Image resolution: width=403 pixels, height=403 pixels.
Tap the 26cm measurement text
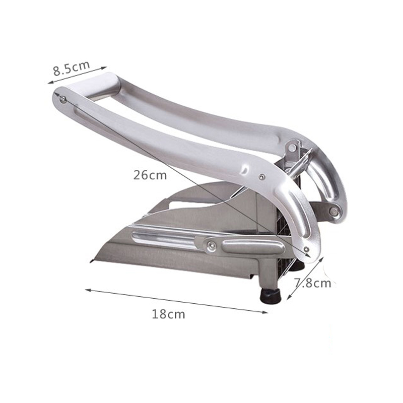point(150,176)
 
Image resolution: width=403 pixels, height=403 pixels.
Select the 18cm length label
point(168,314)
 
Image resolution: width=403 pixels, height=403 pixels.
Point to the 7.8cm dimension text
point(312,283)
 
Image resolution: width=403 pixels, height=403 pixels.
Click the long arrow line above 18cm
point(176,301)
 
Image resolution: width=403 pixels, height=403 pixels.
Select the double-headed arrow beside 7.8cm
point(304,277)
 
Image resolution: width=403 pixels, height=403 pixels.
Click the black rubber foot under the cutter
point(272,294)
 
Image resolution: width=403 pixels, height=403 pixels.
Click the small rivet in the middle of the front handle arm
point(262,176)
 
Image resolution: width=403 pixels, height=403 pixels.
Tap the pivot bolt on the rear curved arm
point(333,212)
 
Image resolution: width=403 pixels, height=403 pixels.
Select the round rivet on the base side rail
point(212,245)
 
